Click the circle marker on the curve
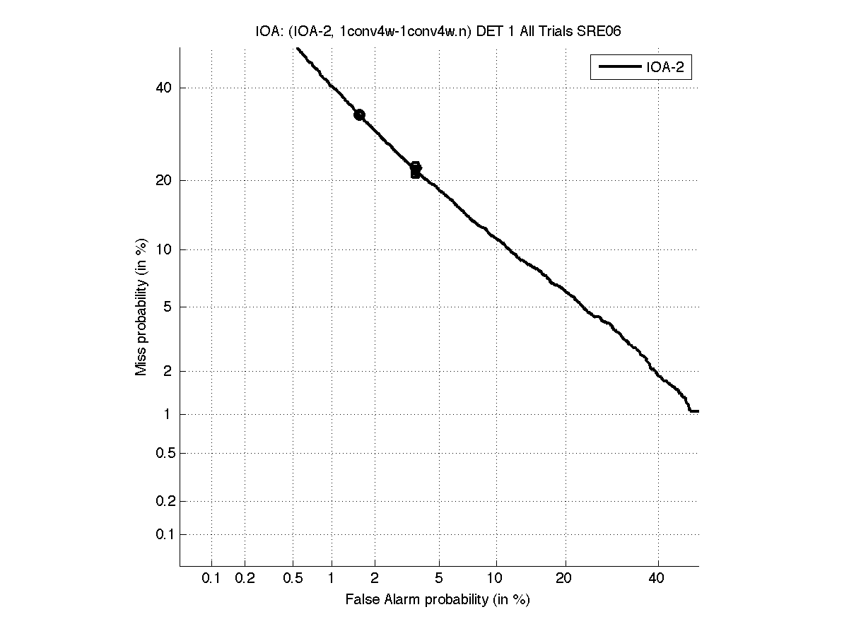coord(359,114)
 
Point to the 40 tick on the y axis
coord(164,88)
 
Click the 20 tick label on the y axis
coord(164,180)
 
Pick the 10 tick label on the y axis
coord(164,249)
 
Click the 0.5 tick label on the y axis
coord(162,453)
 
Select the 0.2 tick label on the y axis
coord(162,502)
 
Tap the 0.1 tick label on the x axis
coord(211,579)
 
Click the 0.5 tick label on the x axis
coord(293,579)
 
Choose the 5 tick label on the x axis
coord(440,579)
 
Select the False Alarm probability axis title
coord(438,600)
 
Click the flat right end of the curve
coord(694,411)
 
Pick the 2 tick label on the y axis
coord(167,371)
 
